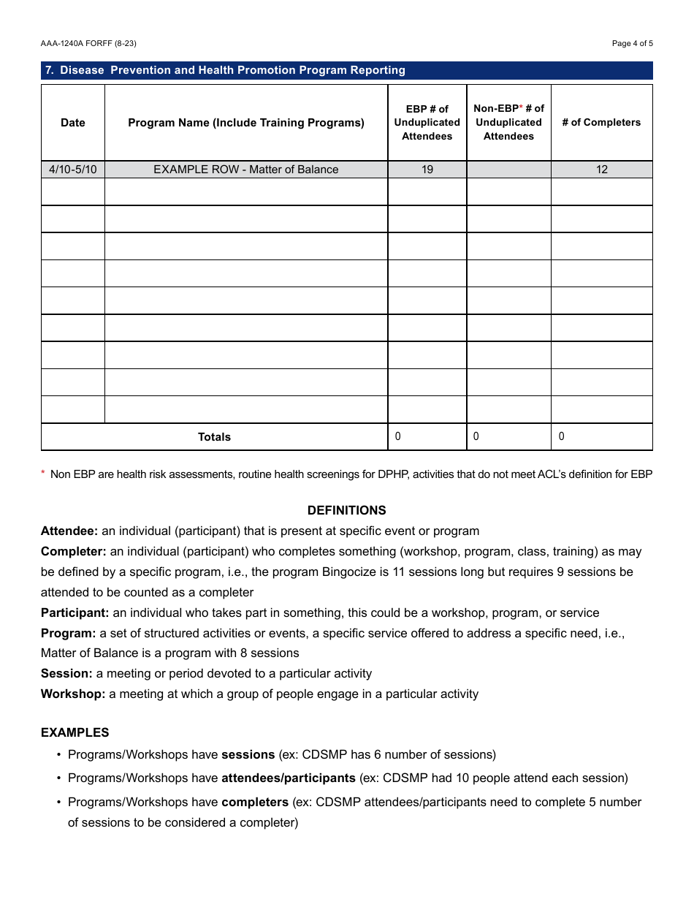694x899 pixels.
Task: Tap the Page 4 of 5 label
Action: click(632, 44)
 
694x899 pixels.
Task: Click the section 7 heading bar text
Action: click(225, 70)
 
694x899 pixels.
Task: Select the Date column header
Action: click(73, 123)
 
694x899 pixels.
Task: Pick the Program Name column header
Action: click(246, 123)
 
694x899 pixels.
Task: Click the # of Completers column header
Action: click(601, 123)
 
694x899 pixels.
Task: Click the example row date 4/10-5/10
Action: click(73, 170)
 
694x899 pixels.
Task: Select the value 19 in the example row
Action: click(427, 170)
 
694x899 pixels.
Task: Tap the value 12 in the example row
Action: click(601, 170)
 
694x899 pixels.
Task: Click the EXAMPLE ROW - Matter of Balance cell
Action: click(246, 170)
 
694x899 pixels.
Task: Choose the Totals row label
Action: click(214, 437)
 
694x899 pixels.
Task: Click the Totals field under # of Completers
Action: click(601, 437)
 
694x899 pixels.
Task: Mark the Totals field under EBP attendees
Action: click(427, 437)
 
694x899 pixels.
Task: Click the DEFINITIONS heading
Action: click(346, 510)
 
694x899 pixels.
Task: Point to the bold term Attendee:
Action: click(69, 531)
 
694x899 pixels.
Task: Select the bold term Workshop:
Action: click(73, 694)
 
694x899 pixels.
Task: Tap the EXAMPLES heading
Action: click(75, 732)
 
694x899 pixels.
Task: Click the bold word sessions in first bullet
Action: click(248, 754)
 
